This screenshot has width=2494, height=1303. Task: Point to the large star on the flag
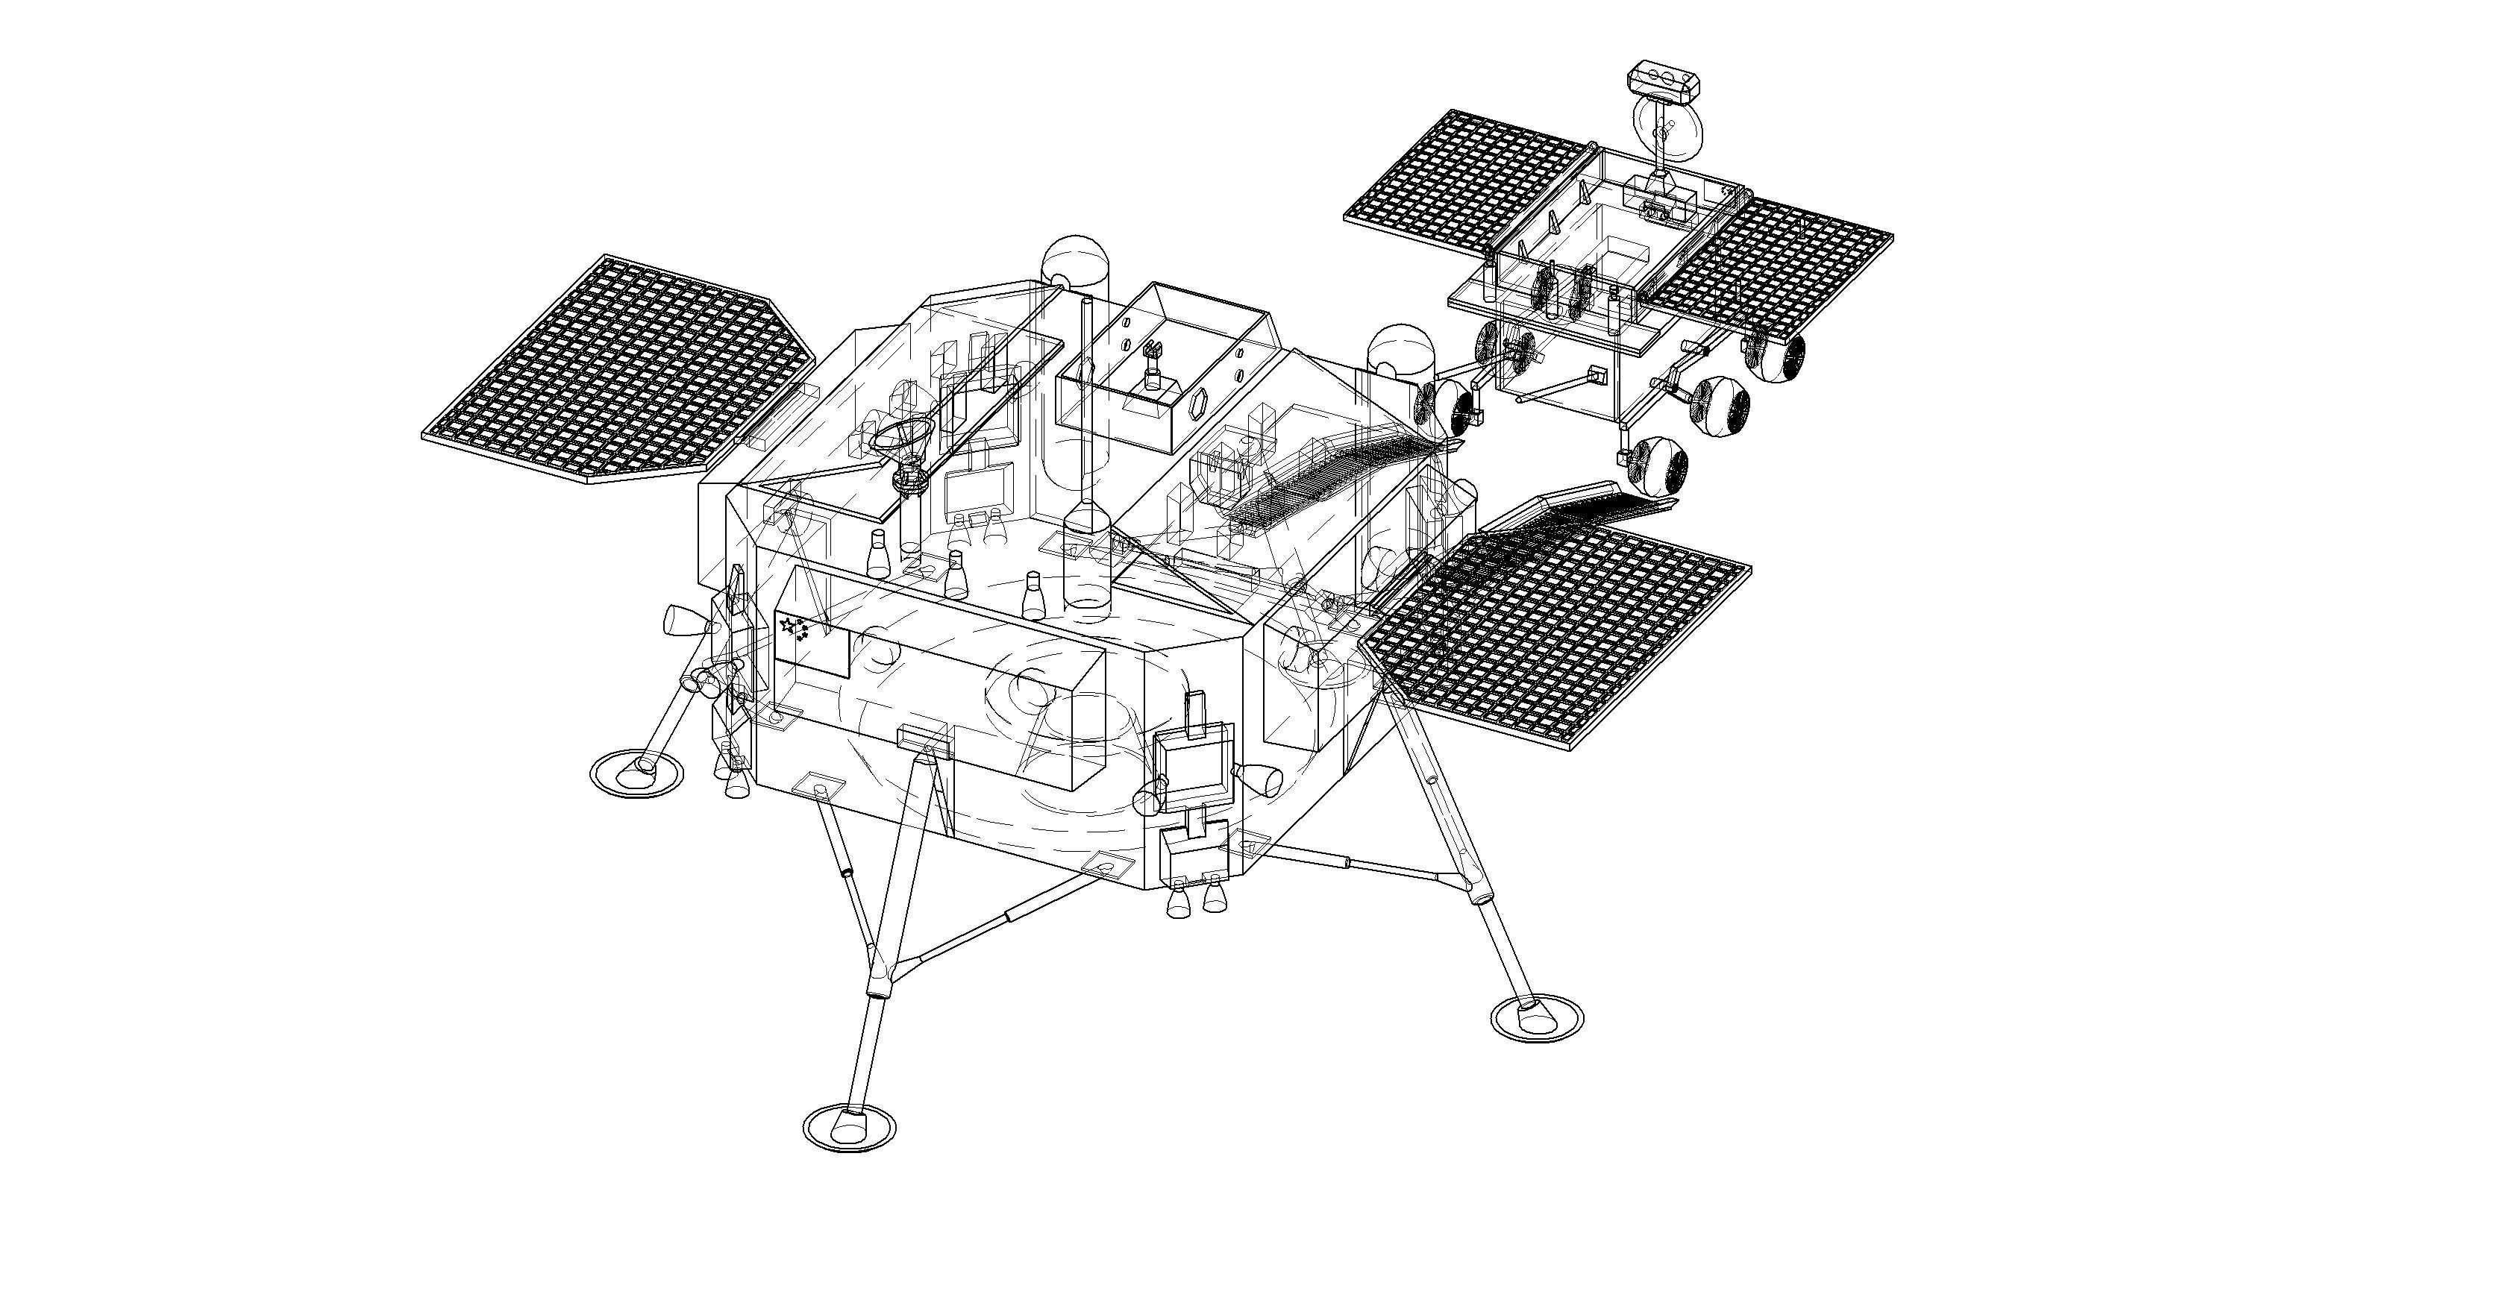[787, 624]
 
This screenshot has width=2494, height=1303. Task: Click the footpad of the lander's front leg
[849, 1125]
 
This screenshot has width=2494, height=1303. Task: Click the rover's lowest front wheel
[1658, 464]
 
